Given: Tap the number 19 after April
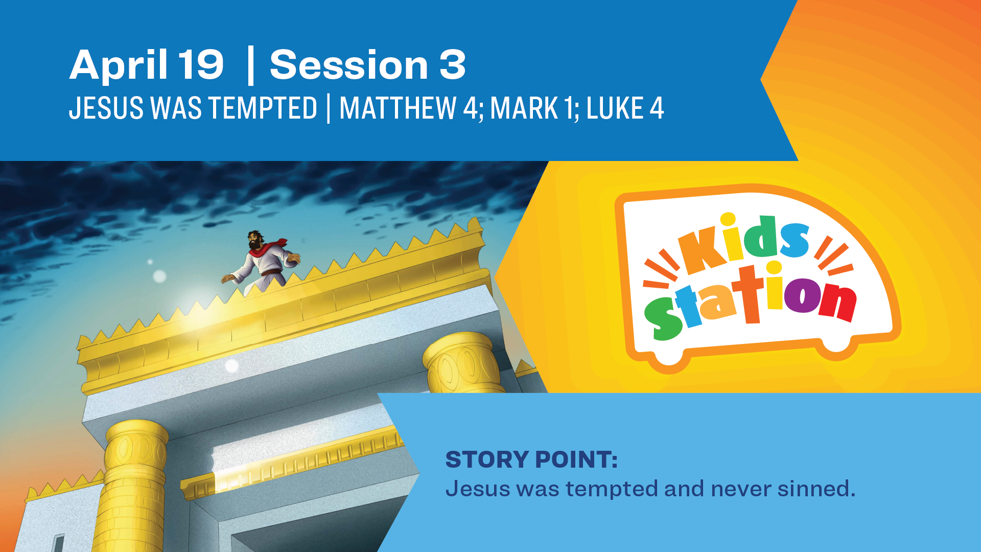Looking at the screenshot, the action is (x=201, y=65).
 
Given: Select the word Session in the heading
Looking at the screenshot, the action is (x=349, y=65).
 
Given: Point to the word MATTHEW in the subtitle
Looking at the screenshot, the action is (x=398, y=108).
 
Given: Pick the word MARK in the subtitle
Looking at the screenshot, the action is (x=524, y=108).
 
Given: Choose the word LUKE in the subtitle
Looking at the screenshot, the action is (x=615, y=108).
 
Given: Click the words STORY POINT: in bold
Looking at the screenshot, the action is (x=531, y=459).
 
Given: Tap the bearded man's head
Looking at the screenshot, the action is (x=255, y=239).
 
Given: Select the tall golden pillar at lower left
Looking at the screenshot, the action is (x=134, y=486).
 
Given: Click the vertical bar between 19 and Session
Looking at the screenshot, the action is (x=250, y=65).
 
